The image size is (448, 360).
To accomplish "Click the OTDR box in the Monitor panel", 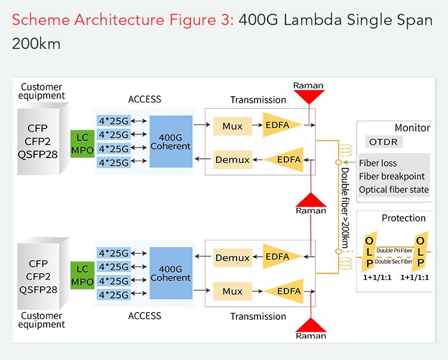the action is [x=383, y=142].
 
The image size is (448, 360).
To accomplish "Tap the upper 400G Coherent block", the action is [x=171, y=141].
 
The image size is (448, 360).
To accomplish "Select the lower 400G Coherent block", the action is [x=171, y=273].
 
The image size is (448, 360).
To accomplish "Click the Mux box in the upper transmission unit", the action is [x=232, y=126].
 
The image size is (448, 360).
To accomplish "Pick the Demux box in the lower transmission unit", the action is [x=232, y=258].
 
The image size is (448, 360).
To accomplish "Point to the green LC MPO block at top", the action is [x=82, y=144].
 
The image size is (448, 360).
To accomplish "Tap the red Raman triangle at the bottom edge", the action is [x=311, y=325].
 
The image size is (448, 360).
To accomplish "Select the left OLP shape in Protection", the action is [x=369, y=251].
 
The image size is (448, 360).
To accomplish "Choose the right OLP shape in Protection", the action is [x=421, y=251].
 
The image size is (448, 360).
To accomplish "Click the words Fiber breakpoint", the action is [x=392, y=177].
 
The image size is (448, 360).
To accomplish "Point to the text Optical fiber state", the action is [x=394, y=190].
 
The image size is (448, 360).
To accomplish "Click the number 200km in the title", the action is [x=36, y=44].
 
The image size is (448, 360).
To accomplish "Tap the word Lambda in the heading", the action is [x=312, y=20].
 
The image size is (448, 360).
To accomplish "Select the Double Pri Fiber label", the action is [x=394, y=250].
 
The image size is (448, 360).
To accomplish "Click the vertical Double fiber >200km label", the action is [x=345, y=208].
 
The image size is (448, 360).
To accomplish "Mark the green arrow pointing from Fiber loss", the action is [x=349, y=162].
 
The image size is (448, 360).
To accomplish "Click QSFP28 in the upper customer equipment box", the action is [x=38, y=155].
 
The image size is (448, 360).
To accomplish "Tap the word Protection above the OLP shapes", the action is [x=403, y=218].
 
